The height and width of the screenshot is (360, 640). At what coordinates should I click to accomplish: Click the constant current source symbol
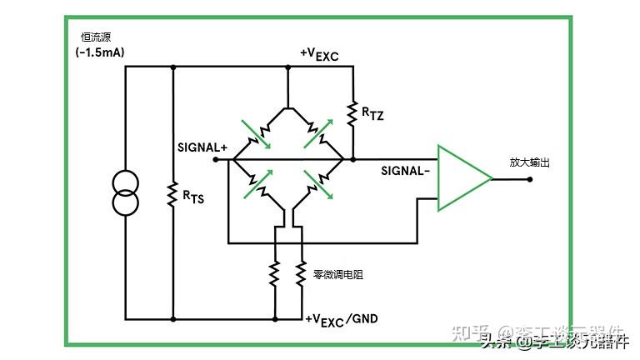click(x=126, y=192)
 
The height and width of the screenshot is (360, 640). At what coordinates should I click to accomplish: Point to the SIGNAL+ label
click(x=202, y=147)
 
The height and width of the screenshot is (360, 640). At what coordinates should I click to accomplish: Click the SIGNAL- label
click(x=406, y=171)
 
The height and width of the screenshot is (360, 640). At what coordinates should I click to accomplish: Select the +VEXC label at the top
click(x=319, y=55)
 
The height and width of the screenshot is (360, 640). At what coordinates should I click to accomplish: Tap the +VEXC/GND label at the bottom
click(x=342, y=319)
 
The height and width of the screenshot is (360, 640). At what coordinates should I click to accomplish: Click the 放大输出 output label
click(x=530, y=162)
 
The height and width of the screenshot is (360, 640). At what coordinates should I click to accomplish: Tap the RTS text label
click(x=193, y=197)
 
